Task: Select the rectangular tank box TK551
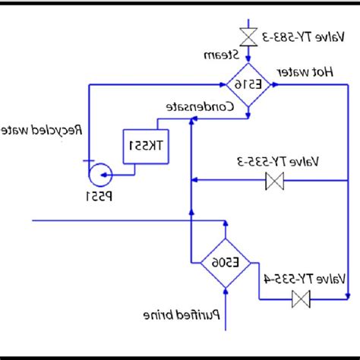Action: click(147, 145)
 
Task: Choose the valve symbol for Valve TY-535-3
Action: click(273, 181)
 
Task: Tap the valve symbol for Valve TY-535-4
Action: click(302, 299)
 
